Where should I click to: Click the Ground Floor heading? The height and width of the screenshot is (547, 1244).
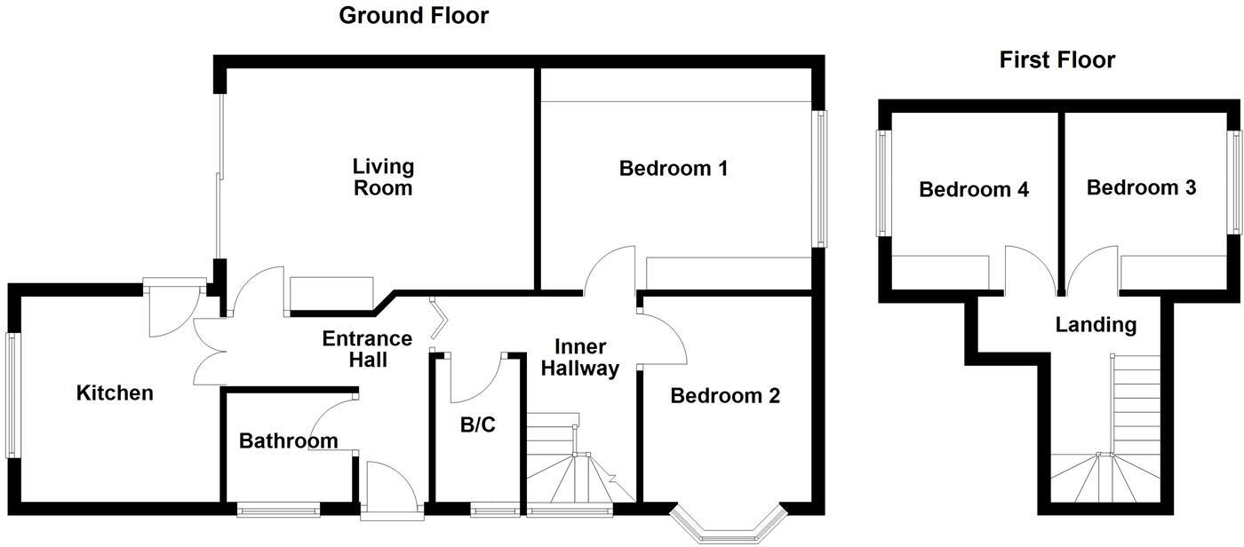pos(414,15)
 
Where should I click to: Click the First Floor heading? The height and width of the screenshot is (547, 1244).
pos(1057,59)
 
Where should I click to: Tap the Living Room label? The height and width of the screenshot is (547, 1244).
pos(383,177)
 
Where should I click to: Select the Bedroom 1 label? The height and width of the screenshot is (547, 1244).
pos(674,168)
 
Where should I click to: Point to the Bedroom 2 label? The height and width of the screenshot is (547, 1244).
pos(725,395)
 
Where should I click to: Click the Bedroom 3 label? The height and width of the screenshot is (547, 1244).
pos(1141,187)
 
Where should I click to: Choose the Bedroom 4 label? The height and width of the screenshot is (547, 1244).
pos(974,189)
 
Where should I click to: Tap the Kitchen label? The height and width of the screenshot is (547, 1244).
pos(115,392)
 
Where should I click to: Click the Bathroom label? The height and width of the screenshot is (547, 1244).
pos(288,441)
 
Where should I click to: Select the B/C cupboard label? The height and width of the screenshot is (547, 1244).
pos(478,425)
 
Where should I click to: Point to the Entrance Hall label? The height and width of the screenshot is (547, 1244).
pos(367,349)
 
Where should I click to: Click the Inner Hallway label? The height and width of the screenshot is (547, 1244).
pos(579,357)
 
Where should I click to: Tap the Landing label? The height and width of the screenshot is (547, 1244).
pos(1096,324)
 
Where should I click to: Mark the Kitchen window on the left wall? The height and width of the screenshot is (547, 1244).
pos(12,395)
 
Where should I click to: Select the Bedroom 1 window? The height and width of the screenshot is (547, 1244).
pos(819,178)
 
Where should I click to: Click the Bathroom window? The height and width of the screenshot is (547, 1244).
pos(278,510)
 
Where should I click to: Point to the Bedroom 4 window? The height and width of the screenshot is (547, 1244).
pos(883,183)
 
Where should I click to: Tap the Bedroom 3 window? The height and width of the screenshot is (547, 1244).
pos(1234,182)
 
